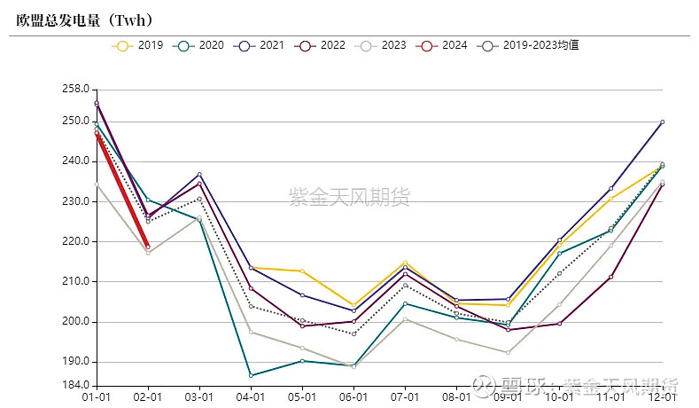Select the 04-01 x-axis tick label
(x=251, y=398)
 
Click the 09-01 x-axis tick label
(x=508, y=398)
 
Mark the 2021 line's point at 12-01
(x=662, y=122)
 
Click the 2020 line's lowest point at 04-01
(x=251, y=375)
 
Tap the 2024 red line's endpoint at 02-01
(x=148, y=247)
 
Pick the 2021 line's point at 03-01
(x=199, y=174)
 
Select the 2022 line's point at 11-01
(x=610, y=277)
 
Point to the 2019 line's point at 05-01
(x=302, y=271)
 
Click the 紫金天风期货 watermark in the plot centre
(x=350, y=197)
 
